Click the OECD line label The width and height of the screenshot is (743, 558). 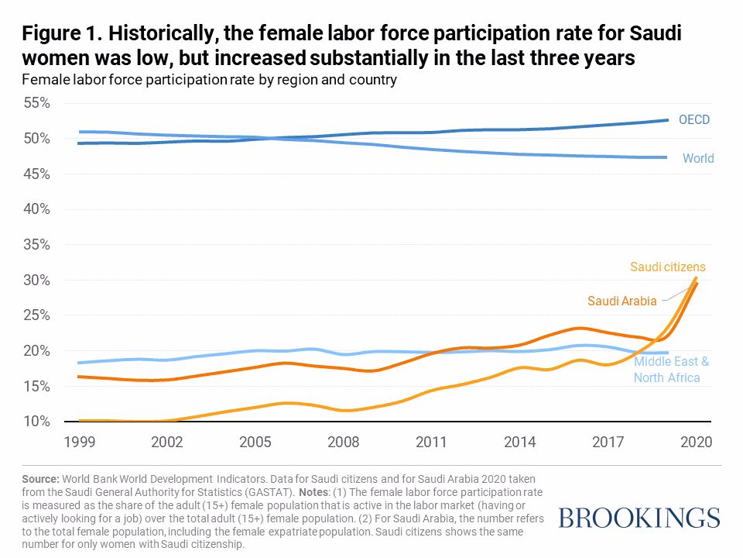(693, 120)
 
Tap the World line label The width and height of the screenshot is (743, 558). (697, 159)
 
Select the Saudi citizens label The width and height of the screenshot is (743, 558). (667, 267)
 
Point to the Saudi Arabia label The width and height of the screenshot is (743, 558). (621, 300)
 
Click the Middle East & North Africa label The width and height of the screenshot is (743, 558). (670, 370)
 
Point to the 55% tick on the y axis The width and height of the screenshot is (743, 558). (36, 103)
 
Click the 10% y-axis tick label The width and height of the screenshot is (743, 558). (36, 422)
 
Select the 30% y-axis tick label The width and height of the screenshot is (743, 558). (36, 280)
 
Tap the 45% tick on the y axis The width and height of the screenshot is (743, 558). (36, 174)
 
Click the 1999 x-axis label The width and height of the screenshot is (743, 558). (80, 442)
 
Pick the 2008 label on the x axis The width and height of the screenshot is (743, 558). (344, 442)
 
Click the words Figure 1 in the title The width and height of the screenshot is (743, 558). (59, 35)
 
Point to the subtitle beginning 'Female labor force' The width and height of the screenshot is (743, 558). (209, 80)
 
